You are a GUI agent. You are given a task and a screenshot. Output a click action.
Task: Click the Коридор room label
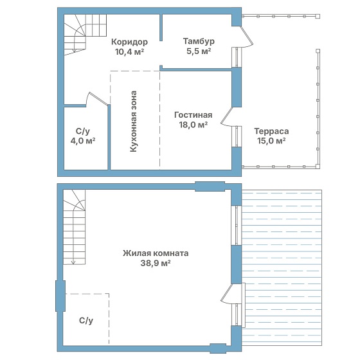(x=129, y=42)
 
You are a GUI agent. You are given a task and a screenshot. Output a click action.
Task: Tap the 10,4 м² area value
(x=129, y=52)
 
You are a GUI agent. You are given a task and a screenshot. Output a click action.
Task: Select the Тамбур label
(x=199, y=41)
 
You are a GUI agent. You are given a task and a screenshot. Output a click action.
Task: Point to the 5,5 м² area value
(x=199, y=51)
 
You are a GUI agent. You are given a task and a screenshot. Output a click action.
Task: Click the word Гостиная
(x=193, y=115)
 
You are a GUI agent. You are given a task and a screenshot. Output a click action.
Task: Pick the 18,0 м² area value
(x=194, y=125)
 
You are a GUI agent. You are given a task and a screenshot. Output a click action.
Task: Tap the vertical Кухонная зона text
(x=134, y=122)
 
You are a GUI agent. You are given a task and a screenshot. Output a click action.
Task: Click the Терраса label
(x=271, y=131)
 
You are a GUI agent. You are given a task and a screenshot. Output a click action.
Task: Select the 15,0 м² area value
(x=271, y=141)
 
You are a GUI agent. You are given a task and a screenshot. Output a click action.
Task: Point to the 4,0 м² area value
(x=83, y=141)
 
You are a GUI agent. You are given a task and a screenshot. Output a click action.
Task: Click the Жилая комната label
(x=156, y=253)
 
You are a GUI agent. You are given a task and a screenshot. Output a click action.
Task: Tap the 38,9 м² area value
(x=156, y=263)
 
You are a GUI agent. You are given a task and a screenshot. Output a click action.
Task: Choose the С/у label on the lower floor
(x=86, y=321)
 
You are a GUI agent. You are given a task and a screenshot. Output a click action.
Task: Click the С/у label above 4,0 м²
(x=83, y=131)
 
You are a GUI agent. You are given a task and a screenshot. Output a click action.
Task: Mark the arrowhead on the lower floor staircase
(x=73, y=262)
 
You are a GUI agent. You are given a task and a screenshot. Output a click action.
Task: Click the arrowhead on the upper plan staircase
(x=75, y=51)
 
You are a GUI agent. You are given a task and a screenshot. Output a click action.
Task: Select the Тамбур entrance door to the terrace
(x=246, y=37)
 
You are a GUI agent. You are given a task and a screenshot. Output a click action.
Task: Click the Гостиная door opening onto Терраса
(x=228, y=117)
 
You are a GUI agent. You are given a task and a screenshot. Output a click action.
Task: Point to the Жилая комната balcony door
(x=228, y=294)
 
